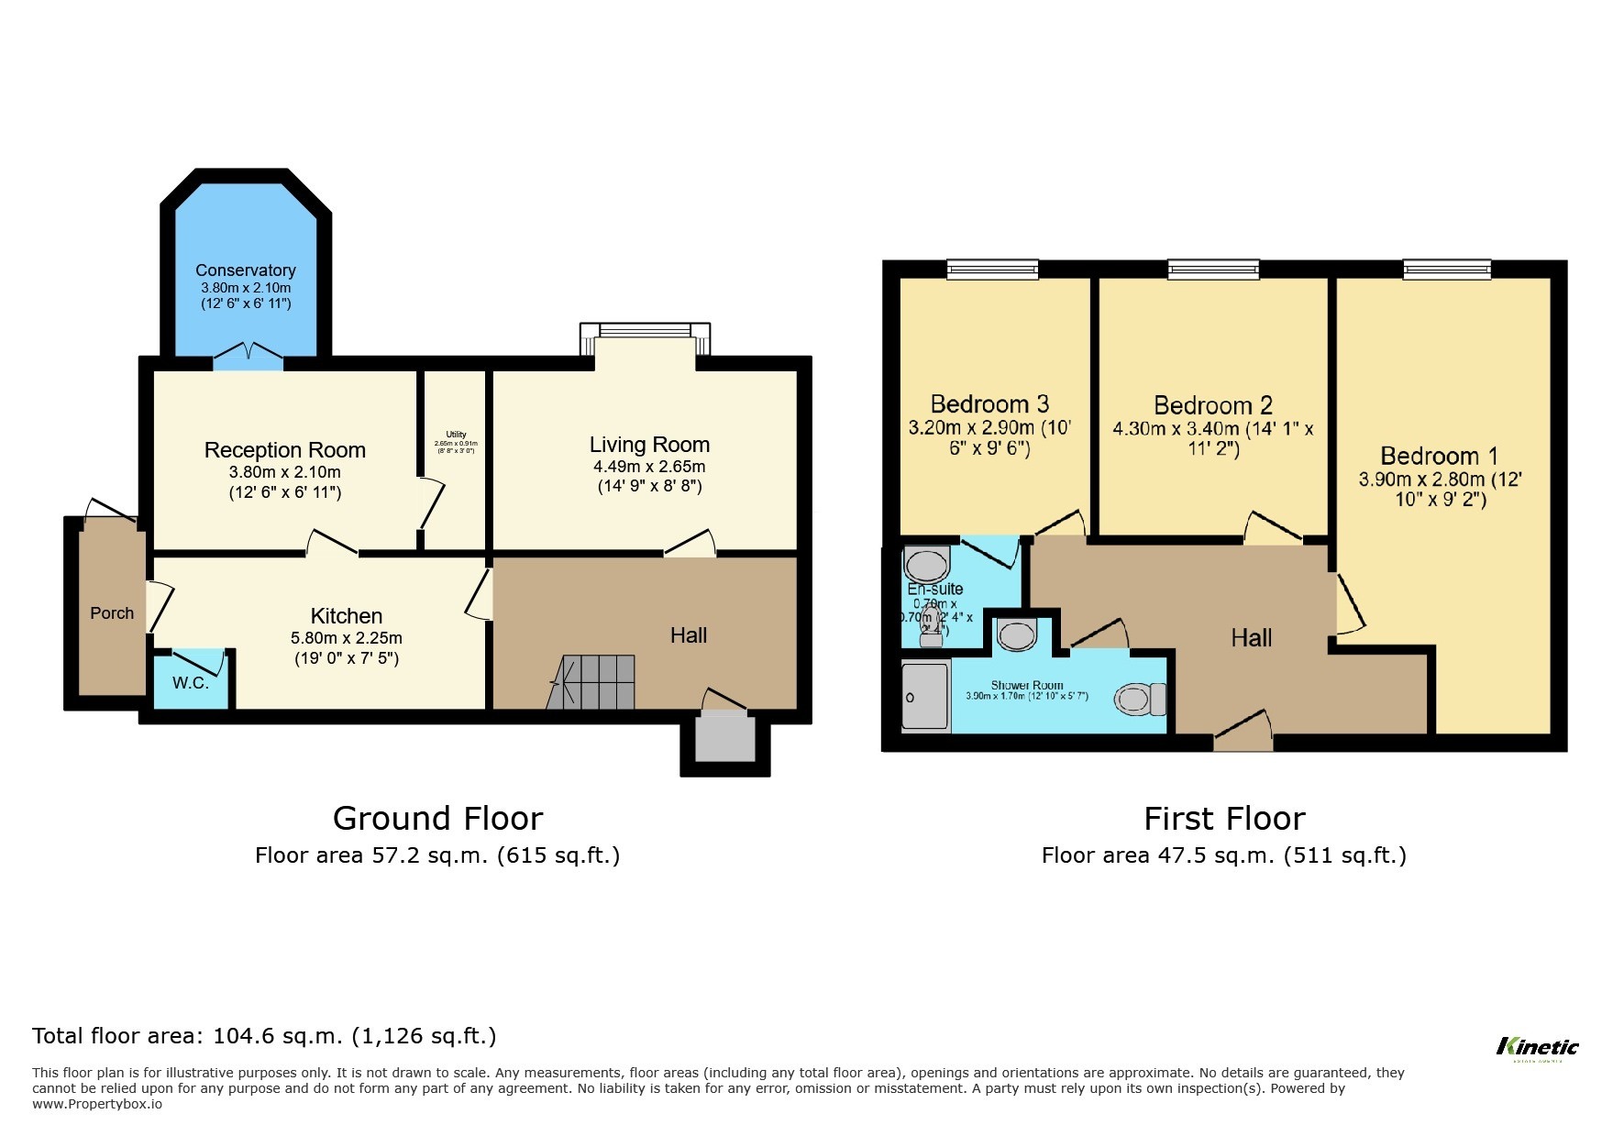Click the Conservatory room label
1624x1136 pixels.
pos(245,270)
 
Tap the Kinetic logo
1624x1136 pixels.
pos(1537,1047)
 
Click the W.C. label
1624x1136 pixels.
pos(191,683)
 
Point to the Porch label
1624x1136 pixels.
pos(112,613)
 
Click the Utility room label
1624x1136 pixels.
pos(456,435)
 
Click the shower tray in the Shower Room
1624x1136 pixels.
pos(924,698)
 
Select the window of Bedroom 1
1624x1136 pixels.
pos(1446,269)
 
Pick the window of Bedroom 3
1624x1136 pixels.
pos(992,269)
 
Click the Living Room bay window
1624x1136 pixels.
pos(646,332)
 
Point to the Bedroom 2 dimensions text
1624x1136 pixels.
pos(1212,439)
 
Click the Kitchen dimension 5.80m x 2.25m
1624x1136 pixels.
pos(347,638)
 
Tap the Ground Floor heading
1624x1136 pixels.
pos(437,818)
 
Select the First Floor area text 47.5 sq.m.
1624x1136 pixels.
pos(1223,855)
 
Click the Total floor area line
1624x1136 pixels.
pos(264,1036)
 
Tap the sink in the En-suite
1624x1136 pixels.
pos(926,562)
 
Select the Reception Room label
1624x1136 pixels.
pos(284,450)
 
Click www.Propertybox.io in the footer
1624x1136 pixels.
pos(97,1104)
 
